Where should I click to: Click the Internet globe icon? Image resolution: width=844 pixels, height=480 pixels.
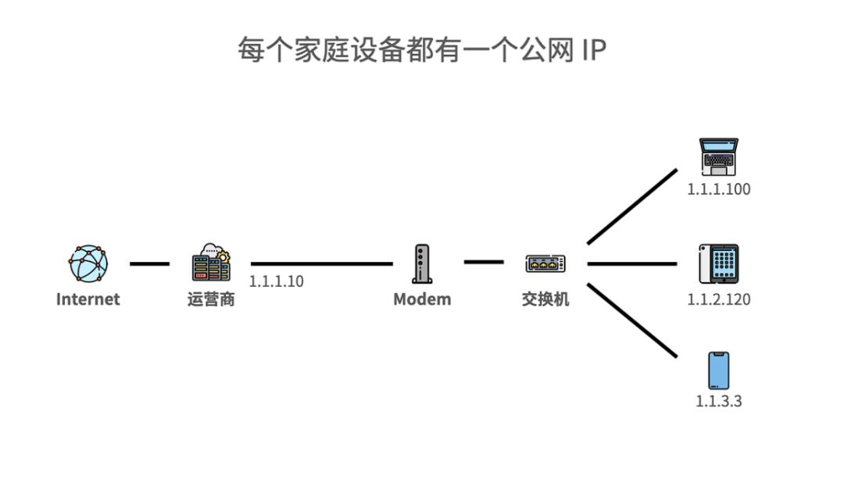pyautogui.click(x=88, y=263)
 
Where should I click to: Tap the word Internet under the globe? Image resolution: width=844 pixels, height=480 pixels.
pyautogui.click(x=88, y=299)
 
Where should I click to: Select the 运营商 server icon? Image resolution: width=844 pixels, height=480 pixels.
pyautogui.click(x=211, y=263)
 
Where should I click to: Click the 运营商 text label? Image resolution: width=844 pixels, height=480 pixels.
pyautogui.click(x=211, y=299)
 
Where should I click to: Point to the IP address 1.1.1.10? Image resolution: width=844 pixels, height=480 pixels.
pyautogui.click(x=277, y=281)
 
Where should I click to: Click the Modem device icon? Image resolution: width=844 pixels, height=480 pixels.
pyautogui.click(x=421, y=263)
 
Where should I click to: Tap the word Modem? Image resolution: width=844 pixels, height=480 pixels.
pyautogui.click(x=422, y=299)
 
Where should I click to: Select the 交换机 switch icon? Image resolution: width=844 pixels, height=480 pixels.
pyautogui.click(x=545, y=263)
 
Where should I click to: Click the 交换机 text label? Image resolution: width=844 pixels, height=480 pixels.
pyautogui.click(x=545, y=299)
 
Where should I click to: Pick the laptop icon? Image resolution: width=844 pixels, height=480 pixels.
pyautogui.click(x=718, y=157)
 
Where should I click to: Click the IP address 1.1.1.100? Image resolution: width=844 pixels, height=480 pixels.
pyautogui.click(x=719, y=189)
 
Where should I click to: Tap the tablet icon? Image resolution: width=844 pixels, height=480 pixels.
pyautogui.click(x=718, y=264)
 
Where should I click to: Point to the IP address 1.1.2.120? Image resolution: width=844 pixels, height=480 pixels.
pyautogui.click(x=719, y=299)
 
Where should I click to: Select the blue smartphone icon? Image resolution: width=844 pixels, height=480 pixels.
pyautogui.click(x=718, y=371)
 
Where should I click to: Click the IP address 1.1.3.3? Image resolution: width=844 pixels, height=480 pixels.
pyautogui.click(x=719, y=401)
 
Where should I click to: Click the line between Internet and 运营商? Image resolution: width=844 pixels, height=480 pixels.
pyautogui.click(x=149, y=263)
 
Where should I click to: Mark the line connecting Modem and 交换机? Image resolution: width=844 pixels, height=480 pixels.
pyautogui.click(x=484, y=261)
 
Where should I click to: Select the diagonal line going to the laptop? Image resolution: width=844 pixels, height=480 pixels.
pyautogui.click(x=632, y=206)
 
